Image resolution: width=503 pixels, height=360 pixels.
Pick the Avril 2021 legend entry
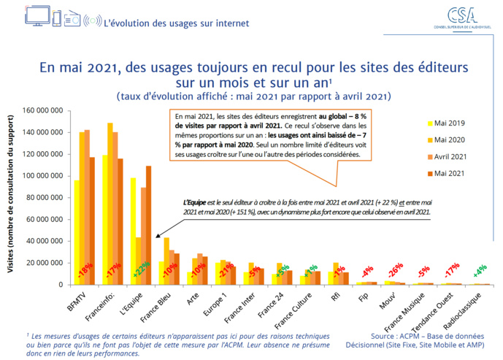pos(450,156)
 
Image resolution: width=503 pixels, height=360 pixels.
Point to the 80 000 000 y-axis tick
pos(45,197)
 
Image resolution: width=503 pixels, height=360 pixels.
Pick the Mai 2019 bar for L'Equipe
pos(134,230)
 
